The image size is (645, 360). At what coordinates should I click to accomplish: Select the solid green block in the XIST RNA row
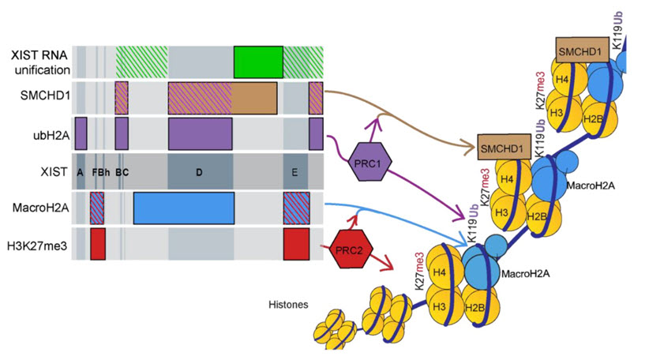[258, 62]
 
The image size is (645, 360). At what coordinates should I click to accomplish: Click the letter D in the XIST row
[200, 172]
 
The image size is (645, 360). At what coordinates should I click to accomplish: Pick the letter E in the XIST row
[294, 172]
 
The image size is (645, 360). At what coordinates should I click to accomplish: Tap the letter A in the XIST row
[81, 172]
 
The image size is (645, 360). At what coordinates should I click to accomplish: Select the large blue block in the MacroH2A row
[183, 208]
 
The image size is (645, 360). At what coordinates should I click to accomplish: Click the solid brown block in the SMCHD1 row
[253, 97]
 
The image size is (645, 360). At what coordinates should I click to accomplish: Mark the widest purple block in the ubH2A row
[200, 133]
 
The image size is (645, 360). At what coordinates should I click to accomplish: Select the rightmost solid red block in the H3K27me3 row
[296, 244]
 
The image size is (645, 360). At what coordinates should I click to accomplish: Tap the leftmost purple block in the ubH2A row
[81, 133]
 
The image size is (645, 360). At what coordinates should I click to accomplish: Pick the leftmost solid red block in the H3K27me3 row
[98, 244]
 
